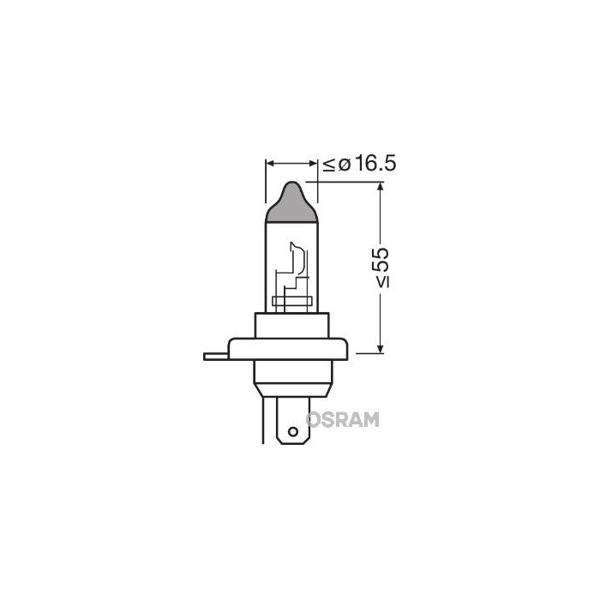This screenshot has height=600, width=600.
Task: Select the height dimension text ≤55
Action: pos(381,267)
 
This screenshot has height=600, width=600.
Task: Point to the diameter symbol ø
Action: pos(345,164)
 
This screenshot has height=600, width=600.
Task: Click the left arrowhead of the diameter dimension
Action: pos(271,161)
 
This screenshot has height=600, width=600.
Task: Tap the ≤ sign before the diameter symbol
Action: pos(330,164)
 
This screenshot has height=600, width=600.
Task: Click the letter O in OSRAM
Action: pos(314,418)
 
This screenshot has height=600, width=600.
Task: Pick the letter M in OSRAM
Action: pos(371,418)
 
